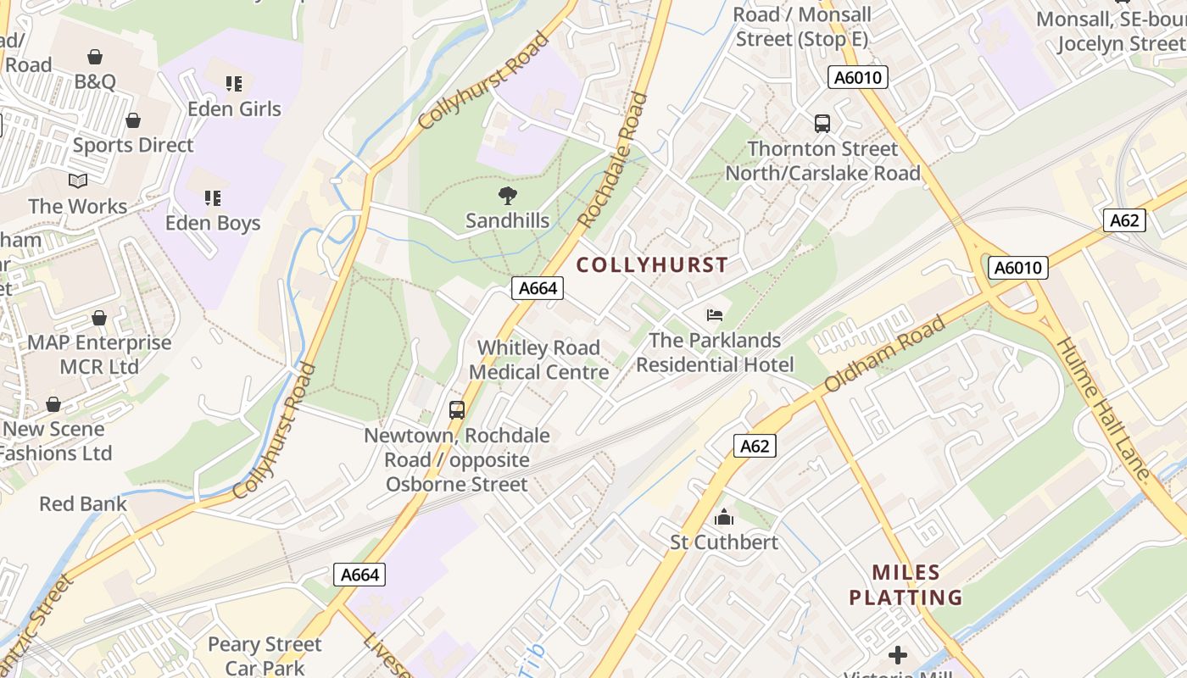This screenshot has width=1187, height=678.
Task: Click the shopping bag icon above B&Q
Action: click(x=95, y=57)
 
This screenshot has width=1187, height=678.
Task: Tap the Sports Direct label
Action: click(x=133, y=145)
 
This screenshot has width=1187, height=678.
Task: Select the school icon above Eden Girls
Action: click(x=234, y=83)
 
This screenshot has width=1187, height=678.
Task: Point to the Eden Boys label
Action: click(x=212, y=223)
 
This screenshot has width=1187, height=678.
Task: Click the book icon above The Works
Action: click(x=78, y=181)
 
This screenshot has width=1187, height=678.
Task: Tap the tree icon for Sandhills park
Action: click(x=507, y=196)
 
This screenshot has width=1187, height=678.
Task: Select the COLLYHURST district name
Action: click(x=652, y=264)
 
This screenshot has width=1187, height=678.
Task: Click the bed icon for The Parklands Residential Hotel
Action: click(x=715, y=315)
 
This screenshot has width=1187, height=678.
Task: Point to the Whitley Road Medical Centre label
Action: click(x=538, y=359)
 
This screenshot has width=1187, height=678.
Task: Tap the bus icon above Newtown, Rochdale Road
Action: click(x=457, y=410)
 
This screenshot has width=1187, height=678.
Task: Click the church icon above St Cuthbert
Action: click(x=724, y=516)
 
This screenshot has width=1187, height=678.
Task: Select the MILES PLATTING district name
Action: click(x=906, y=585)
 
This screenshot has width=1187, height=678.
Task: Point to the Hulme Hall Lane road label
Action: click(x=1104, y=412)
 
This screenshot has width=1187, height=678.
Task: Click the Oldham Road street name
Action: click(x=885, y=354)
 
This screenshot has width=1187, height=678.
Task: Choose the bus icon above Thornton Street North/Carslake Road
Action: click(x=822, y=124)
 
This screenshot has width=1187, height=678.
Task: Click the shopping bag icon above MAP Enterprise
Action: click(x=99, y=318)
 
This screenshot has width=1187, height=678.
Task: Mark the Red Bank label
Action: click(x=82, y=503)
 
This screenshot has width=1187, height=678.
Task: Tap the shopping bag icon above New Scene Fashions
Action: click(x=53, y=404)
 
